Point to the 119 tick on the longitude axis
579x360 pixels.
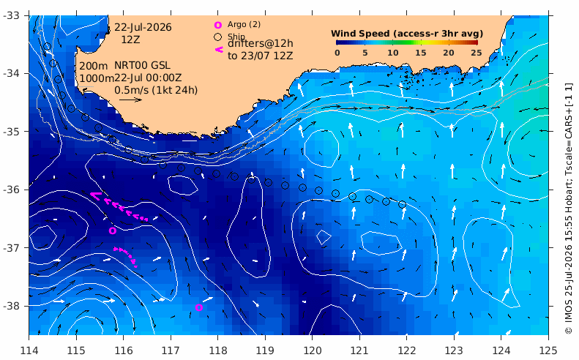[265, 350]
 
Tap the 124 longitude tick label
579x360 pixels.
[501, 350]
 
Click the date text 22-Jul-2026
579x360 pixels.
[143, 27]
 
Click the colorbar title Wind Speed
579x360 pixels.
[360, 34]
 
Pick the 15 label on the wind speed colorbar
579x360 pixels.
[421, 53]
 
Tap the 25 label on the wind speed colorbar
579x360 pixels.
[477, 53]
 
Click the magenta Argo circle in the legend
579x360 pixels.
[218, 25]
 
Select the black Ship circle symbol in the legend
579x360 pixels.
[218, 37]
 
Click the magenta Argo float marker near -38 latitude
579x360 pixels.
[198, 307]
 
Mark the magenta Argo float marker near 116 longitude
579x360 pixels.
[113, 230]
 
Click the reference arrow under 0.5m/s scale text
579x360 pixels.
[131, 100]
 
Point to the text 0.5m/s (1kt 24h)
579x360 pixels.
[156, 90]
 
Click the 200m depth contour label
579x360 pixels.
[94, 66]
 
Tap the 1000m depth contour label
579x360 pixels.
[97, 78]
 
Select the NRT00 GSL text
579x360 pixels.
[142, 65]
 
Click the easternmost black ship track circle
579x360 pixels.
[403, 205]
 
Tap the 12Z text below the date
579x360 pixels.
[130, 40]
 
